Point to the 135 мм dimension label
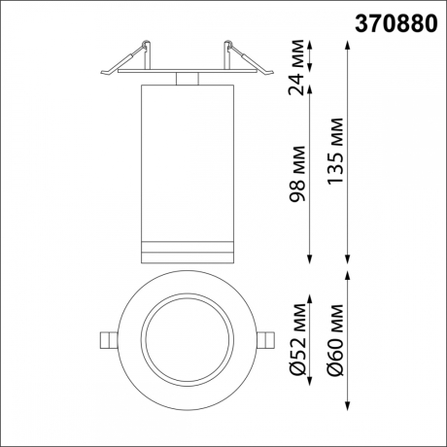click(335, 155)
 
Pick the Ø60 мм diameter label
click(335, 340)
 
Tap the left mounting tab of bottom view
click(108, 339)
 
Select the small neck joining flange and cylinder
click(187, 79)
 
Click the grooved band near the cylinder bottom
click(187, 248)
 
